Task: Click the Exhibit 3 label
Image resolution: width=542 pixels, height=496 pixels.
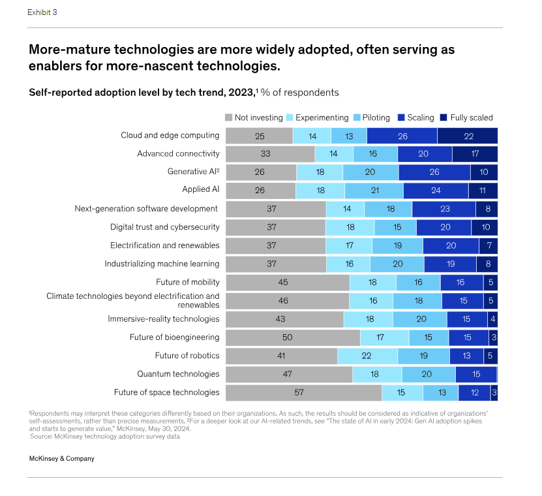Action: (42, 12)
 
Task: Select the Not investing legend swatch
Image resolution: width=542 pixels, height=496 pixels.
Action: (229, 117)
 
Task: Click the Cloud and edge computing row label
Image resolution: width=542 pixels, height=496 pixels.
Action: (170, 135)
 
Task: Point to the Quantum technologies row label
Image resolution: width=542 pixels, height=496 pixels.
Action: (178, 374)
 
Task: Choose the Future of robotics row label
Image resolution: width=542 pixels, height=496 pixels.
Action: (187, 356)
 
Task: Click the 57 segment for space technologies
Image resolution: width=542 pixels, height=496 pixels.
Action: (303, 392)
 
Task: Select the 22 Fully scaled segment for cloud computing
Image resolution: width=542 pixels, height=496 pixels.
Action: (467, 136)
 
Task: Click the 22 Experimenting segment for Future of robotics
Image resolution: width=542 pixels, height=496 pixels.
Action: (367, 356)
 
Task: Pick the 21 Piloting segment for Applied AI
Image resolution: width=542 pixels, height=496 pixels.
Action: (374, 191)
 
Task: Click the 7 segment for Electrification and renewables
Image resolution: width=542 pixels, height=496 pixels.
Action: (488, 245)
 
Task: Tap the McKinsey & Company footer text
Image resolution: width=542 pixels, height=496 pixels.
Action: (62, 459)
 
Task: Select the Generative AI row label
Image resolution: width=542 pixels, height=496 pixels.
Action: (193, 172)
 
